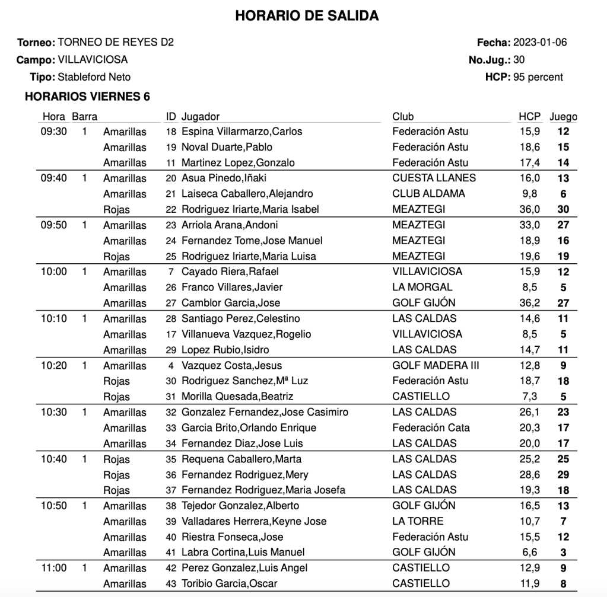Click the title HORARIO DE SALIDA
coord(307,16)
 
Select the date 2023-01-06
coord(540,43)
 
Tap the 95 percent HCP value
coord(538,77)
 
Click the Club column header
coord(403,117)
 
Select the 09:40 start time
coord(53,178)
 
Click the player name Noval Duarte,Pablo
coord(227,147)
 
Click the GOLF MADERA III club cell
coord(436,366)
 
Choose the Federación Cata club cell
coord(431,428)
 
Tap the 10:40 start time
coord(53,459)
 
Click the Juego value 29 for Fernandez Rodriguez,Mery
coord(564,475)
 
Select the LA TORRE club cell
coord(418,522)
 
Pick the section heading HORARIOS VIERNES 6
coord(87,97)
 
